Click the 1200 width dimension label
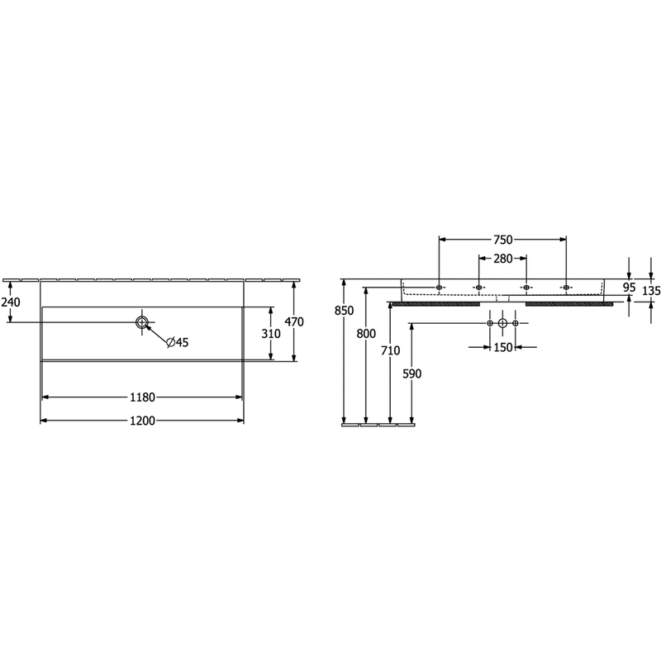(x=142, y=421)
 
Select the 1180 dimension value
(x=142, y=397)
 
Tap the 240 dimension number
(x=10, y=302)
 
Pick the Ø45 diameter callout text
(x=178, y=342)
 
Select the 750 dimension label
(x=502, y=240)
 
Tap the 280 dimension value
(x=502, y=259)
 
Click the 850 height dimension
(x=344, y=311)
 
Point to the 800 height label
(x=366, y=334)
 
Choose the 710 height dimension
(x=390, y=350)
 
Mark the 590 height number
(x=411, y=373)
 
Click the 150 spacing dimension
(x=502, y=347)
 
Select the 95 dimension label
(x=629, y=288)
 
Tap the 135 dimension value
(x=651, y=291)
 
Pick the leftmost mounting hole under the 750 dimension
(x=439, y=288)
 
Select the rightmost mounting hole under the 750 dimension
(x=566, y=288)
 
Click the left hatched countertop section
(x=436, y=303)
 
